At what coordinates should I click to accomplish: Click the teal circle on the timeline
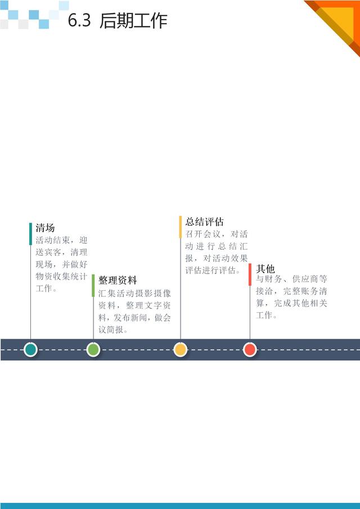[x=30, y=350]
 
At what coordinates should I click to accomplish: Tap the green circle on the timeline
[x=93, y=350]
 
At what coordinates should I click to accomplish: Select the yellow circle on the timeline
[x=181, y=350]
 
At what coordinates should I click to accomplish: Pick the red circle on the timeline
[x=250, y=350]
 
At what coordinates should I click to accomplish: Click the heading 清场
[x=45, y=228]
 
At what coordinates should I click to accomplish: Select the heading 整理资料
[x=118, y=280]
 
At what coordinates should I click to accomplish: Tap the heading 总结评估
[x=205, y=222]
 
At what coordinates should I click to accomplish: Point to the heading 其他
[x=265, y=269]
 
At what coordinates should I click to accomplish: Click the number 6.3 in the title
[x=79, y=20]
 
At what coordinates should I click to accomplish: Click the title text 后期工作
[x=133, y=20]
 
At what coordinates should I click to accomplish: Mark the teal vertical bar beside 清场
[x=30, y=234]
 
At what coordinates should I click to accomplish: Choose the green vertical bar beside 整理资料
[x=93, y=286]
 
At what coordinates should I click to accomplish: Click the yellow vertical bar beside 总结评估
[x=181, y=227]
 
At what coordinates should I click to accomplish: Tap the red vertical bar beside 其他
[x=250, y=274]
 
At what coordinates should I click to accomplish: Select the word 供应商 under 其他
[x=305, y=279]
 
